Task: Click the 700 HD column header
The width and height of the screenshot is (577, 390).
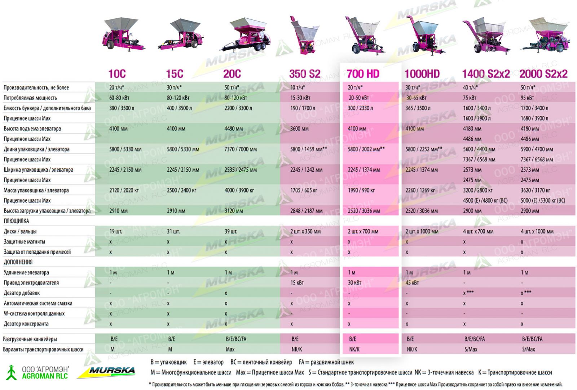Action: tap(363, 74)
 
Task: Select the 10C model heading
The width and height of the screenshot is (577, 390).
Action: tap(117, 74)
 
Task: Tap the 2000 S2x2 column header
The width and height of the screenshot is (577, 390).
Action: tap(543, 74)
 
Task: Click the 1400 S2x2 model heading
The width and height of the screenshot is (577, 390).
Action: tap(486, 74)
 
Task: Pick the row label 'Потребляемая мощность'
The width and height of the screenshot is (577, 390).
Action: tap(30, 98)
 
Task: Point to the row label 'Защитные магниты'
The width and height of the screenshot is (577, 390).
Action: tap(25, 241)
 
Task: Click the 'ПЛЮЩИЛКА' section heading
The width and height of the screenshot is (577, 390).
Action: tap(16, 221)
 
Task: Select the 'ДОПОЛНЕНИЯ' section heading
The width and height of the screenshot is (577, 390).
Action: tap(18, 262)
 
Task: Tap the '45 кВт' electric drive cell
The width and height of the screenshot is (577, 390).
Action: tap(412, 283)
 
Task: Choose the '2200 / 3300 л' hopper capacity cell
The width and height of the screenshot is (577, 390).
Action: tap(238, 108)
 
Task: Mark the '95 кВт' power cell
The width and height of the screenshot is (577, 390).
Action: tap(527, 98)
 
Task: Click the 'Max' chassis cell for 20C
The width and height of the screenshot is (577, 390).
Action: tap(230, 349)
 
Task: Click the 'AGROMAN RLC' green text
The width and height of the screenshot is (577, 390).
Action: tap(45, 376)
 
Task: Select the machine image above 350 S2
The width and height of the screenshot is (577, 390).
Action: tap(304, 35)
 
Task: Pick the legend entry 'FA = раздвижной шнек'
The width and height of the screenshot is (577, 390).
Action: tap(326, 362)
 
